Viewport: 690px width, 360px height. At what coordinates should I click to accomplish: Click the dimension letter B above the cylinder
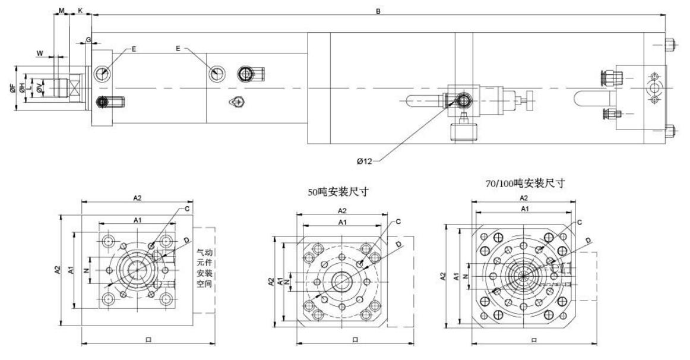tap(378, 10)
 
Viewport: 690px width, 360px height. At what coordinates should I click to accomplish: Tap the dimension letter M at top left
tap(61, 11)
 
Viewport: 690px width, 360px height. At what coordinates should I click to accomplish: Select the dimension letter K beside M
tap(80, 11)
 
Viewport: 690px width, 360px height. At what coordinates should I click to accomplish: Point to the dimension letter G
tap(88, 40)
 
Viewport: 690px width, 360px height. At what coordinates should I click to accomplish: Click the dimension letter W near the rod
tap(40, 53)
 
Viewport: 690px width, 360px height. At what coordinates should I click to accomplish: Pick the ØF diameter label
tap(13, 89)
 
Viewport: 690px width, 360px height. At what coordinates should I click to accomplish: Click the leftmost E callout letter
tap(134, 49)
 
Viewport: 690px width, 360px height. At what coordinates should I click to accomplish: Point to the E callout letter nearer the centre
tap(178, 49)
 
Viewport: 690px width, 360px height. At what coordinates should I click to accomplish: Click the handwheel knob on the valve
tap(533, 97)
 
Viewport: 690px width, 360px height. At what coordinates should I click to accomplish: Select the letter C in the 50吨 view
tap(398, 222)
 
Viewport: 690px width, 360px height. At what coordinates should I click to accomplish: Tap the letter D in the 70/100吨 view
tap(588, 240)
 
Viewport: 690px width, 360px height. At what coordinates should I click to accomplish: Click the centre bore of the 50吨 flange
tap(343, 281)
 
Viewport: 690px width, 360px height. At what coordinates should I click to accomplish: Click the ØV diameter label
tap(39, 89)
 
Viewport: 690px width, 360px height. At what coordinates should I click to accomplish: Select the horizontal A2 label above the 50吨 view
tap(343, 211)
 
